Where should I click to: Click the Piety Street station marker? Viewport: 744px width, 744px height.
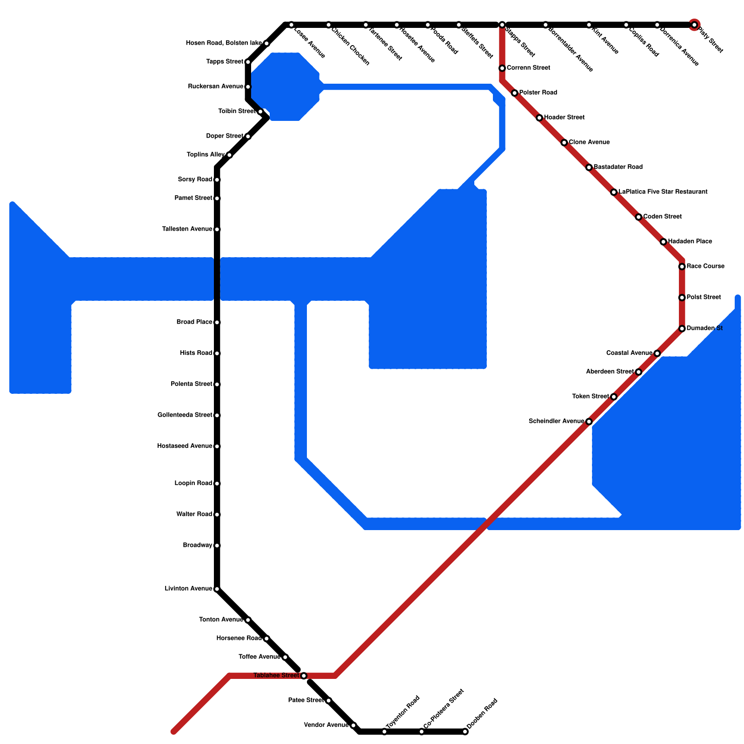[x=694, y=25]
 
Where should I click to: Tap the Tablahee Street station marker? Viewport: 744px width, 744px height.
[x=304, y=675]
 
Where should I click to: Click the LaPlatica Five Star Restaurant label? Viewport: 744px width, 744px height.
[x=663, y=192]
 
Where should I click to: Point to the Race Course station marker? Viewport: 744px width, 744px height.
[x=682, y=266]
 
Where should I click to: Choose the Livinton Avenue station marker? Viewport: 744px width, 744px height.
[x=217, y=589]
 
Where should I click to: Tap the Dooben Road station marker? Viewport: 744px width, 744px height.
[x=465, y=732]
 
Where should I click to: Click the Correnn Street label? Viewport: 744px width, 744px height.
[x=528, y=68]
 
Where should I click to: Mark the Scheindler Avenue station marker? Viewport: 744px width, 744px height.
[x=589, y=422]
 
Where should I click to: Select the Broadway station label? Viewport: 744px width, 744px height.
[x=198, y=545]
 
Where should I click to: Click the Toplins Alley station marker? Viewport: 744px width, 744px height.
[x=229, y=155]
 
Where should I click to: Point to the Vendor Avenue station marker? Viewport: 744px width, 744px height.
[x=353, y=725]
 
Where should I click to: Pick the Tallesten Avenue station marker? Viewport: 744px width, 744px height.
[x=217, y=229]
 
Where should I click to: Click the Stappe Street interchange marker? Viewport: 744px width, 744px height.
[x=502, y=25]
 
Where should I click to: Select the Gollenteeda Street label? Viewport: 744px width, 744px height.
[x=185, y=415]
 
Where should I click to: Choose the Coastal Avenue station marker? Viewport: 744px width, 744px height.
[x=657, y=353]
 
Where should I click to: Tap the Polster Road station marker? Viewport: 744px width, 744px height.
[x=514, y=93]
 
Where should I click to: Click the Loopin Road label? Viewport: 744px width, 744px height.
[x=193, y=483]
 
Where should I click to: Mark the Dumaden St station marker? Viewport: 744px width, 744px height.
[x=682, y=329]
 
